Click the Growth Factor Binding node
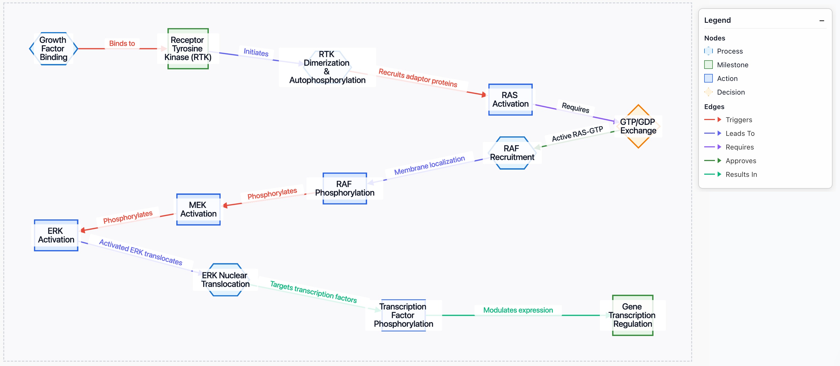click(x=53, y=49)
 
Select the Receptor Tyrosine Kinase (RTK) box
click(x=188, y=49)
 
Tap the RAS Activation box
click(x=510, y=100)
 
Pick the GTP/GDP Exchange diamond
click(x=638, y=126)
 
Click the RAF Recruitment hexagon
click(x=512, y=153)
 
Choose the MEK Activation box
click(x=198, y=209)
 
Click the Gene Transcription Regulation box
click(x=632, y=315)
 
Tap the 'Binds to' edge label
click(x=122, y=43)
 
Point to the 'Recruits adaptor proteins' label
click(x=418, y=78)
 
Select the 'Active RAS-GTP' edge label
click(x=577, y=134)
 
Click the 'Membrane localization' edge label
click(x=429, y=165)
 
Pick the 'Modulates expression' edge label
click(x=518, y=310)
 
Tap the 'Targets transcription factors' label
click(x=313, y=292)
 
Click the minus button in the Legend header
click(x=822, y=21)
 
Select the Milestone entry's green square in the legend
click(x=708, y=65)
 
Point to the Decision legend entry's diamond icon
click(x=708, y=92)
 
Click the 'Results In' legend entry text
click(x=741, y=174)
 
